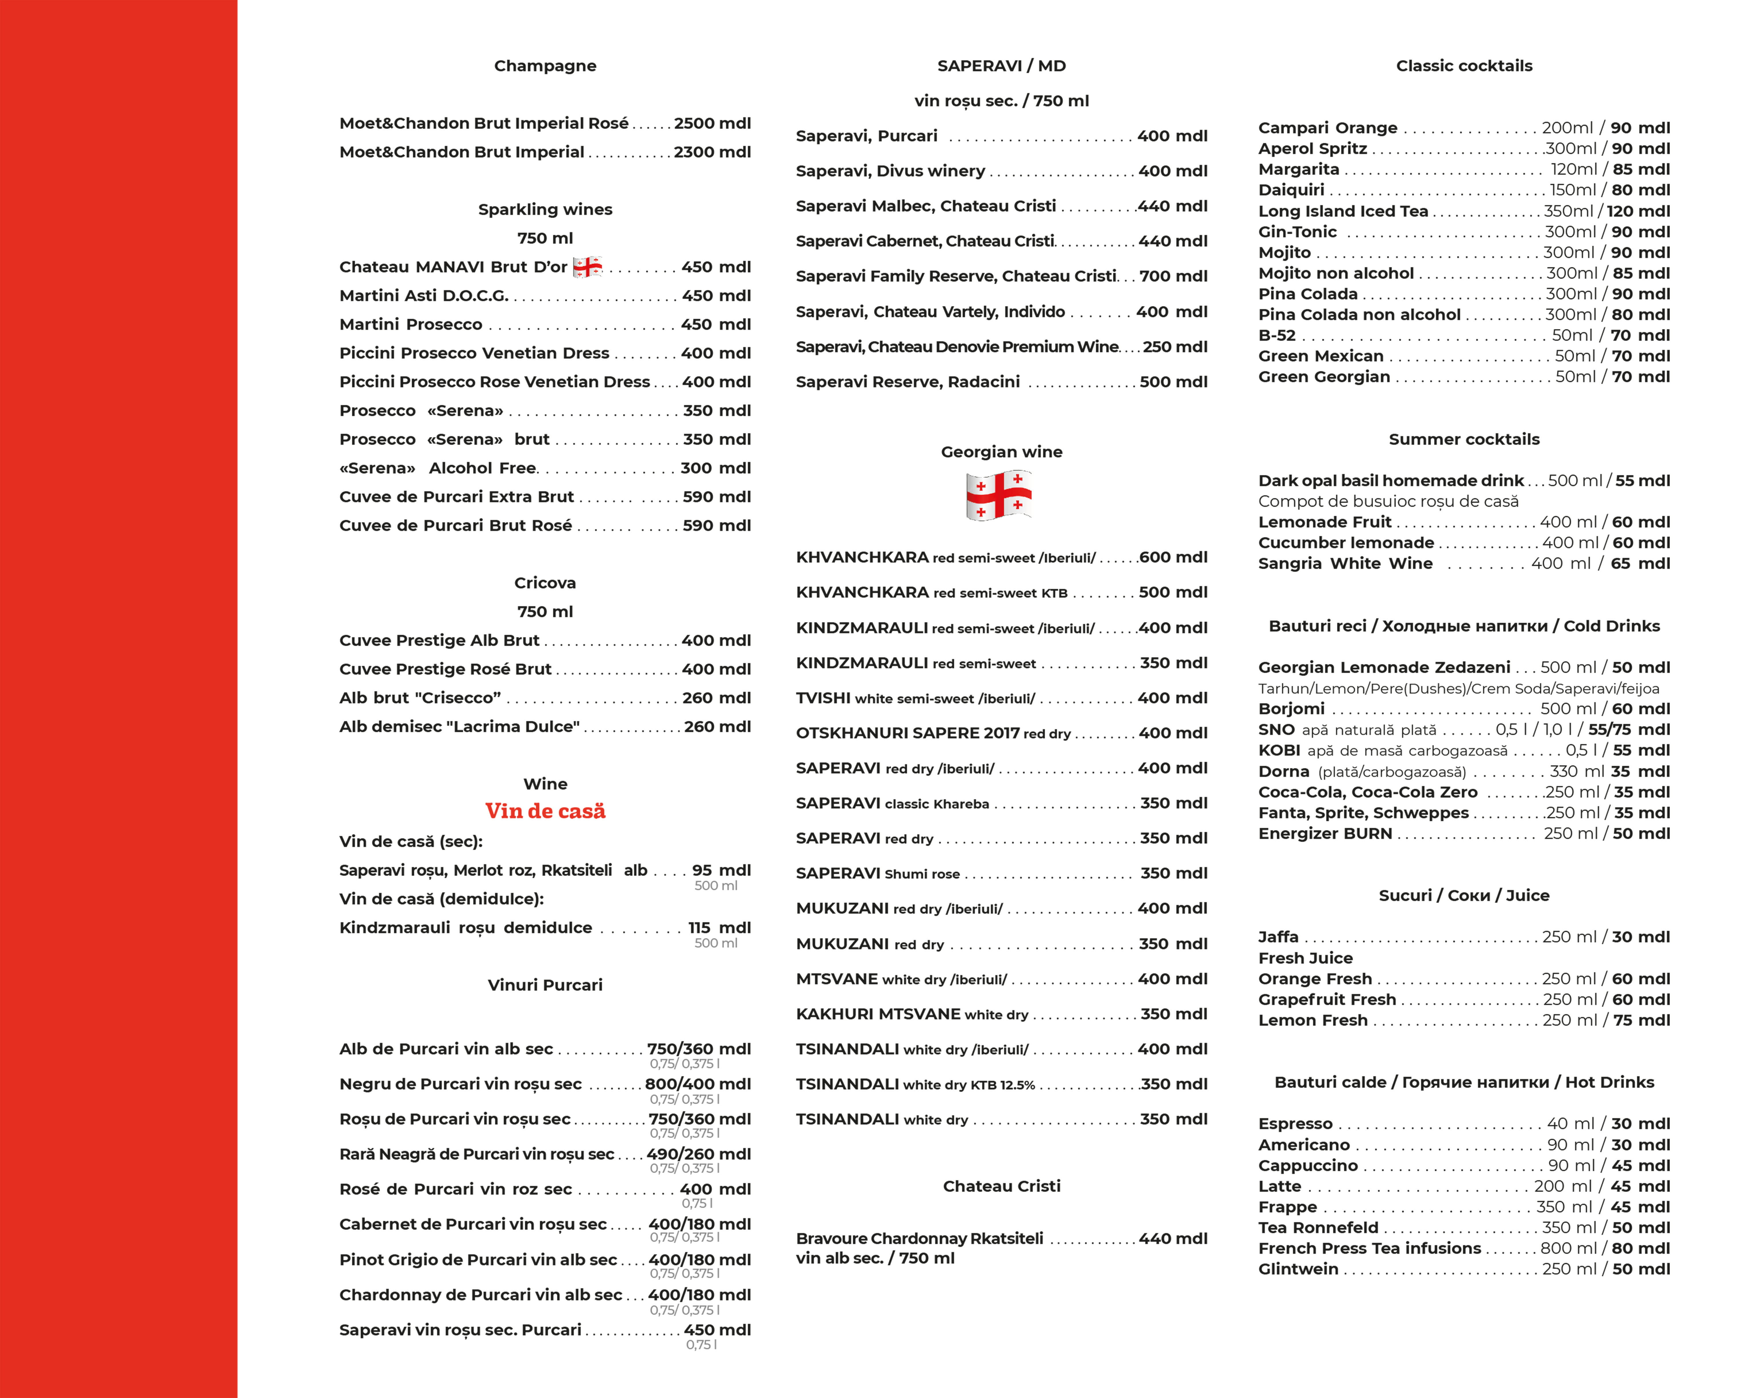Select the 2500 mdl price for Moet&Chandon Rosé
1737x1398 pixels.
pos(712,123)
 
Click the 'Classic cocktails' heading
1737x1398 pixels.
pos(1464,66)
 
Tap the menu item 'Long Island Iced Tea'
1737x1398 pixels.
pos(1343,211)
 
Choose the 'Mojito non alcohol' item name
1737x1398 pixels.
pos(1336,273)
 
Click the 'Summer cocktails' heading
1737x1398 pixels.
pos(1464,439)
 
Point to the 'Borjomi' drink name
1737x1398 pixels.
pos(1292,708)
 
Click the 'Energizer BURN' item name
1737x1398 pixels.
pos(1325,833)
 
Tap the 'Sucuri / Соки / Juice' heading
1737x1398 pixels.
pos(1464,895)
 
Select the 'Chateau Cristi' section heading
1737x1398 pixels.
pos(1001,1186)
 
